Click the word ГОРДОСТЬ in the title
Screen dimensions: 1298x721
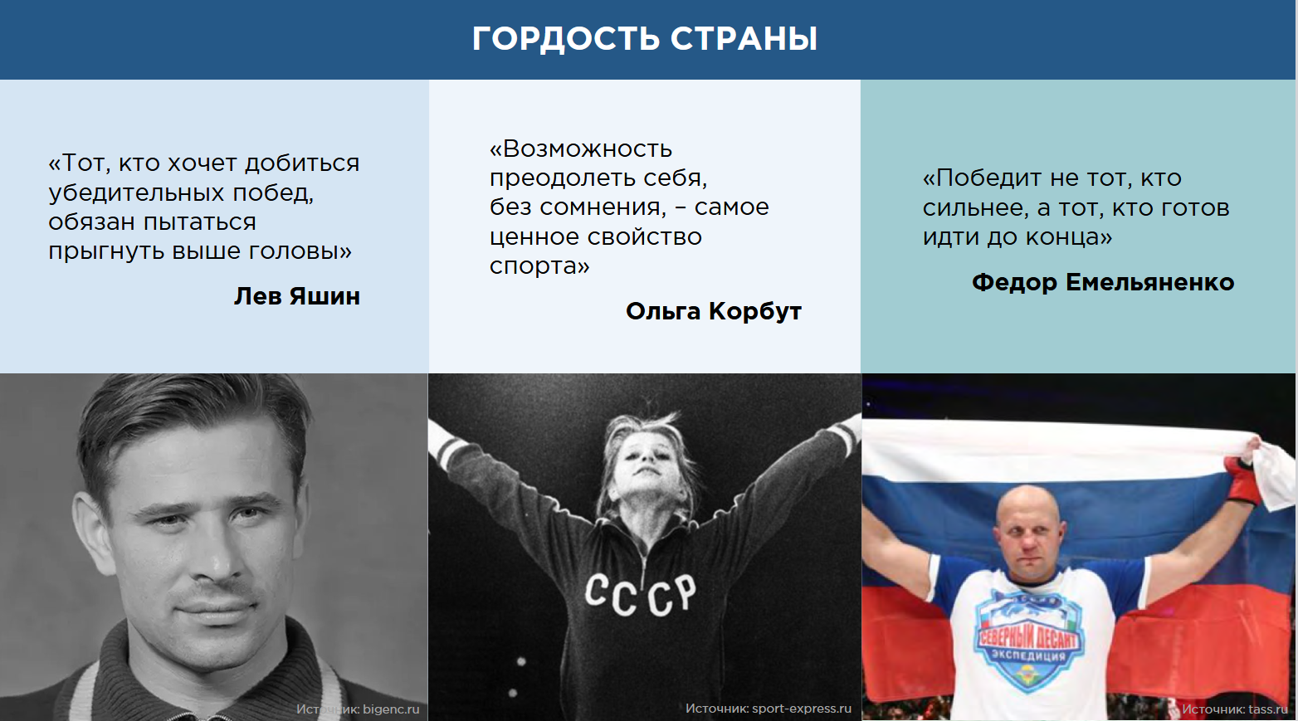pyautogui.click(x=565, y=39)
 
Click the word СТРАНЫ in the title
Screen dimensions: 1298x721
pyautogui.click(x=744, y=39)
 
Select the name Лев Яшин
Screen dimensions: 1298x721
pyautogui.click(x=297, y=296)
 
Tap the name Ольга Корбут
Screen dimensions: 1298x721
pyautogui.click(x=714, y=312)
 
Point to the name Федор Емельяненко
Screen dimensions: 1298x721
pyautogui.click(x=1103, y=282)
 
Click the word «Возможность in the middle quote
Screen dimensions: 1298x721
pyautogui.click(x=581, y=149)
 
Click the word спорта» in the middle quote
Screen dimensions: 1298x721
pyautogui.click(x=539, y=266)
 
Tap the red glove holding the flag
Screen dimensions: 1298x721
pyautogui.click(x=1243, y=480)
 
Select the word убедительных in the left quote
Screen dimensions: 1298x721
pyautogui.click(x=136, y=192)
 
